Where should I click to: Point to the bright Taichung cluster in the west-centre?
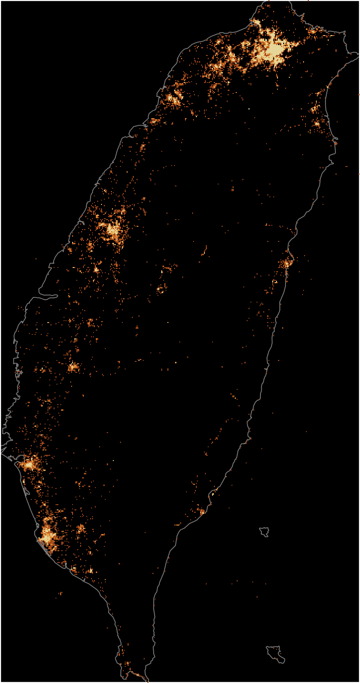(113, 231)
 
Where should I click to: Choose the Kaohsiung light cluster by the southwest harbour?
(47, 536)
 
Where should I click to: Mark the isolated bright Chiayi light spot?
(73, 367)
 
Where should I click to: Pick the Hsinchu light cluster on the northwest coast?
(173, 99)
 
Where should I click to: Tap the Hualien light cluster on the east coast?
(287, 263)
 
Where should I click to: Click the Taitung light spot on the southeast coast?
(202, 512)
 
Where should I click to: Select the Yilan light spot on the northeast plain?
(314, 110)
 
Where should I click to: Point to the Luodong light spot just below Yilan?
(317, 124)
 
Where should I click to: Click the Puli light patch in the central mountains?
(161, 288)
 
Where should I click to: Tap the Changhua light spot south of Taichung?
(96, 269)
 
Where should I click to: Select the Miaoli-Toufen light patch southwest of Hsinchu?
(154, 121)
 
